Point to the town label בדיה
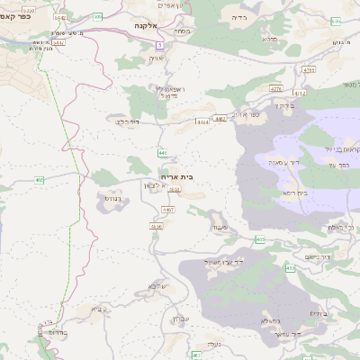[x=238, y=17]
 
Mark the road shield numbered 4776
[x=274, y=88]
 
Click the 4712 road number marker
[x=299, y=92]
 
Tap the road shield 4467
[x=167, y=209]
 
